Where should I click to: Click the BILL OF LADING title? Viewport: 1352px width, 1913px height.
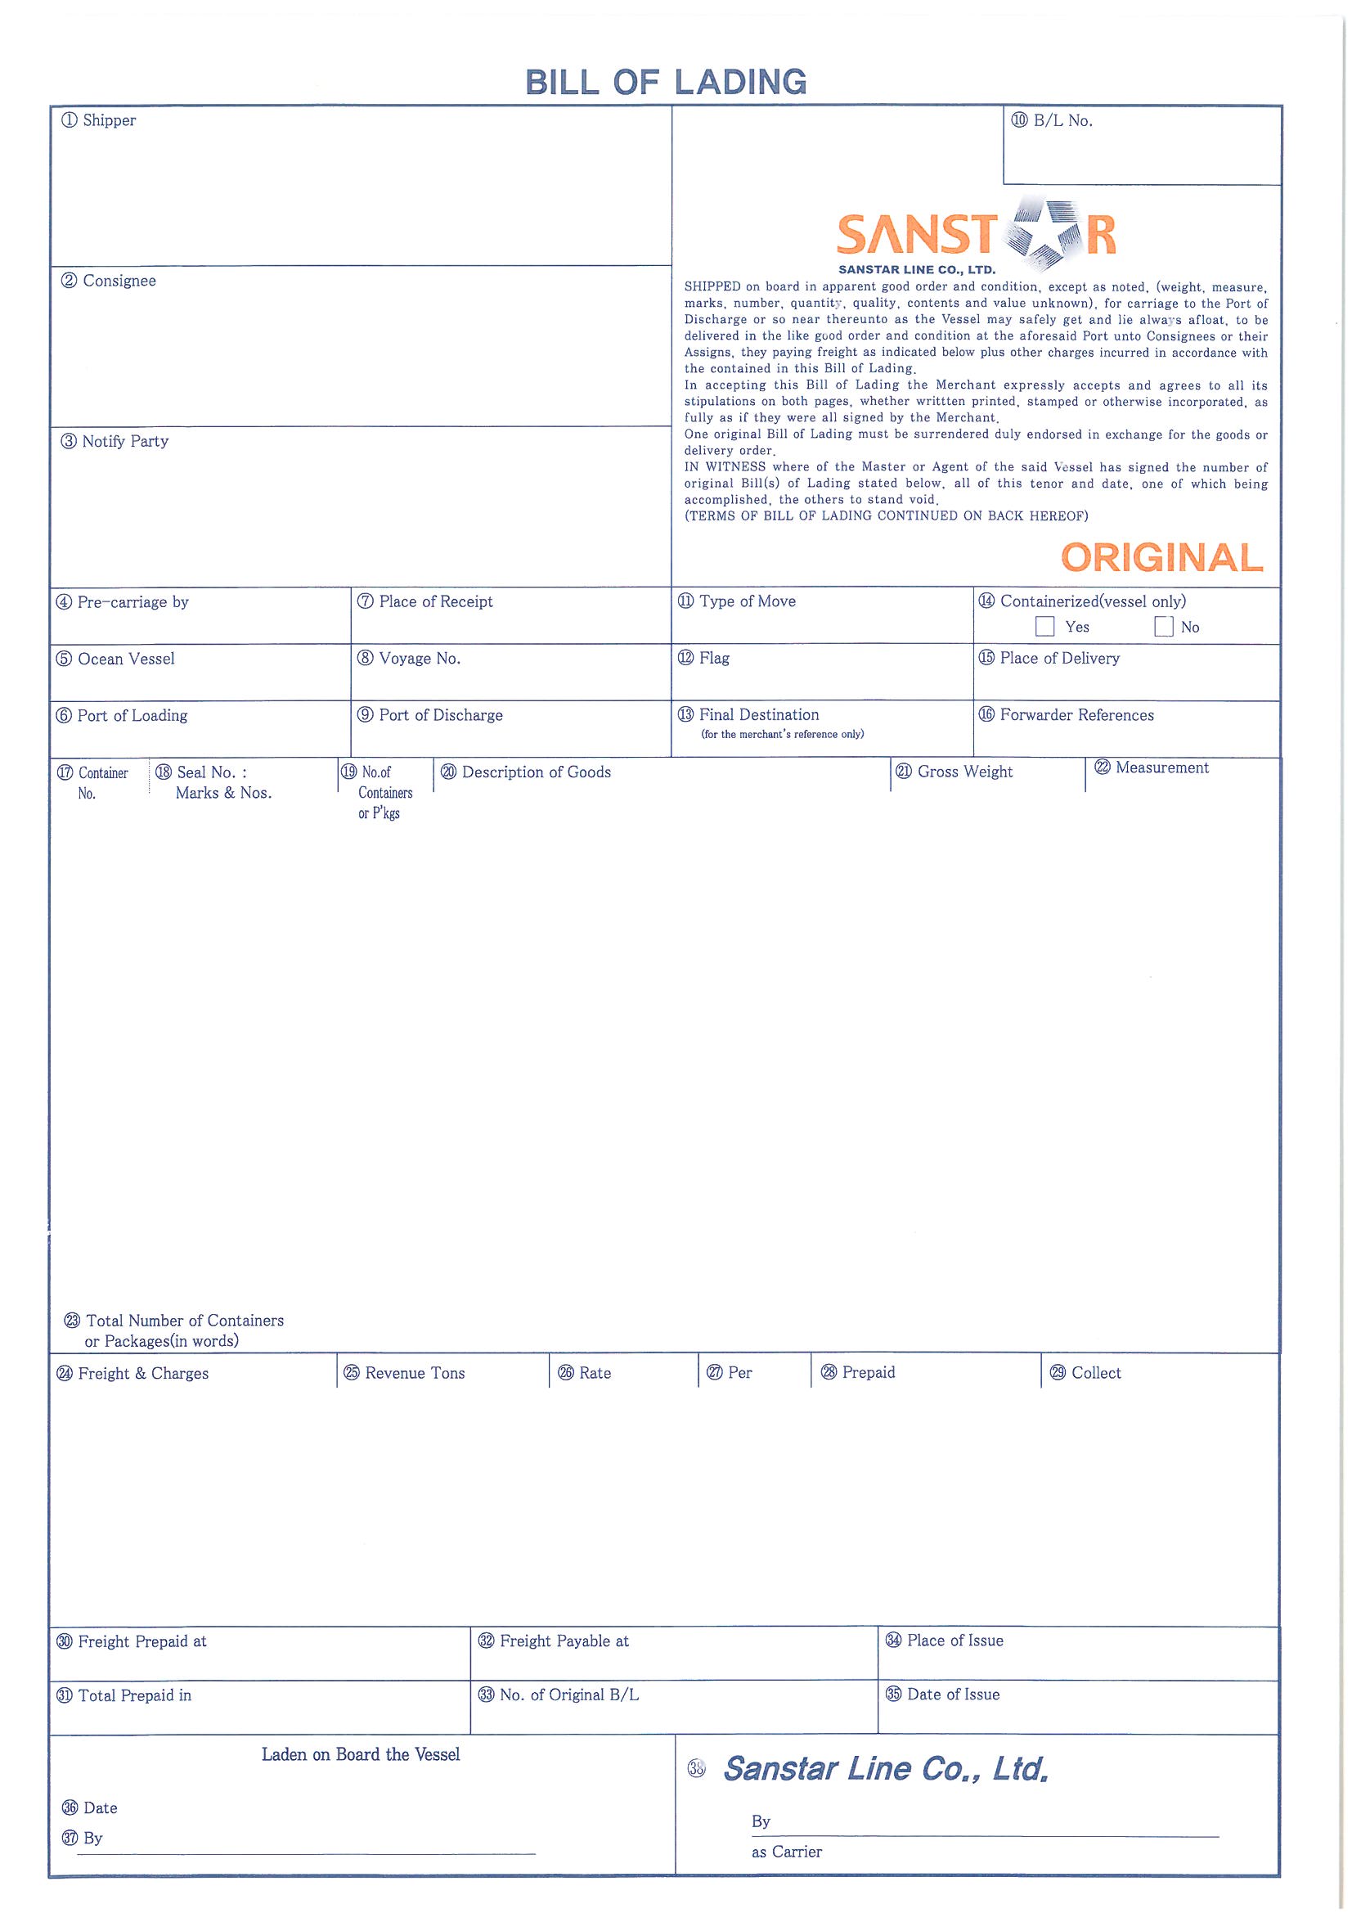pyautogui.click(x=666, y=83)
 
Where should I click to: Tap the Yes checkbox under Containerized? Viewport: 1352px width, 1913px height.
pyautogui.click(x=1044, y=627)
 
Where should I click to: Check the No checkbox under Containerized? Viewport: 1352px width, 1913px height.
pyautogui.click(x=1164, y=627)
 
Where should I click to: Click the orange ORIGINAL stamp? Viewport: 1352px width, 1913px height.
pyautogui.click(x=1162, y=558)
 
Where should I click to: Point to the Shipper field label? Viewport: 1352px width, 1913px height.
pyautogui.click(x=99, y=121)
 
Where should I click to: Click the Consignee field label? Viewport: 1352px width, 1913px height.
pyautogui.click(x=109, y=281)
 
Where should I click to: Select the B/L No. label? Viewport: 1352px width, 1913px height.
pyautogui.click(x=1052, y=121)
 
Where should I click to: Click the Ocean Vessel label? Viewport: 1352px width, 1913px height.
pyautogui.click(x=116, y=659)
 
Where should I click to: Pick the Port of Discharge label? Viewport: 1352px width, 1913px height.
pyautogui.click(x=431, y=716)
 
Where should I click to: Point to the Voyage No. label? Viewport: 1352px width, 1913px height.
pyautogui.click(x=410, y=659)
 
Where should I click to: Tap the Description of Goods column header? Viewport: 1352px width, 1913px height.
pyautogui.click(x=527, y=772)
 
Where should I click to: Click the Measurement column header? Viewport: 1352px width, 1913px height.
pyautogui.click(x=1152, y=768)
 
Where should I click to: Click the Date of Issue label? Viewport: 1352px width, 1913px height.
pyautogui.click(x=943, y=1694)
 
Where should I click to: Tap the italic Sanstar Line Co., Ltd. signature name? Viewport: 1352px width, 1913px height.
pyautogui.click(x=886, y=1768)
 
